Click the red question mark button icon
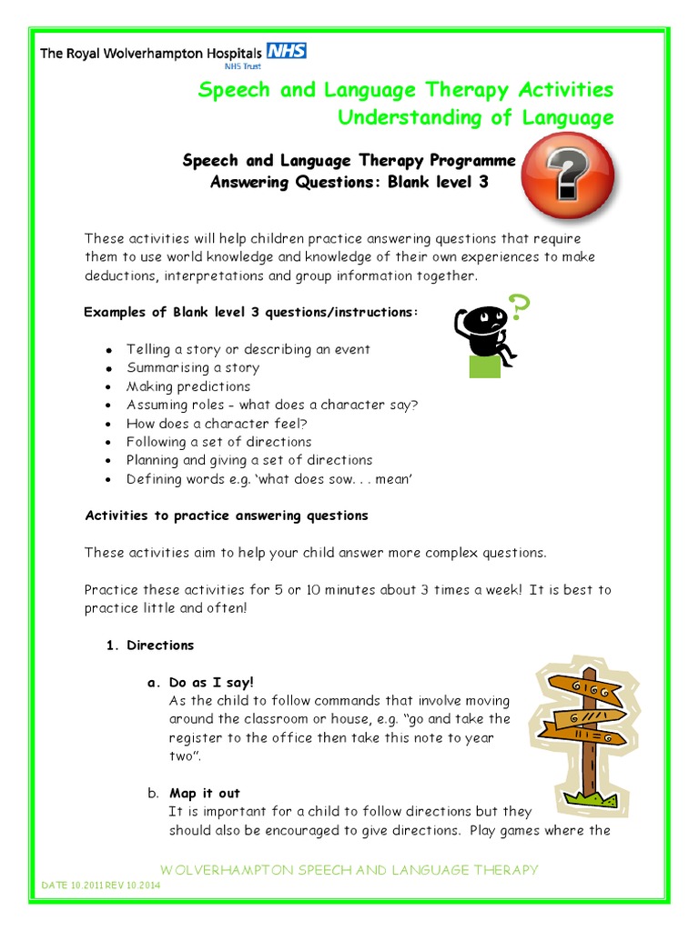tap(571, 171)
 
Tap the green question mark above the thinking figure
tap(518, 308)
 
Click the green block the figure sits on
tap(484, 365)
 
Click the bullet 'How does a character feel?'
tap(217, 424)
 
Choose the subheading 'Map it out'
tap(205, 794)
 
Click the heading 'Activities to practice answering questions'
tap(227, 516)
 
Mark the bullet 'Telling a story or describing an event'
tap(248, 349)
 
